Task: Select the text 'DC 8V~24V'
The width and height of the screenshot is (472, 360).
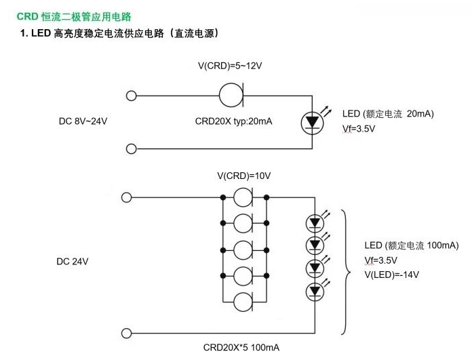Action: [x=83, y=121]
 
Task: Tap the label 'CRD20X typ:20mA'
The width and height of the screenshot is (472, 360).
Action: [x=233, y=121]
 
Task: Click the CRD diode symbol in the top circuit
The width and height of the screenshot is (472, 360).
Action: [x=232, y=95]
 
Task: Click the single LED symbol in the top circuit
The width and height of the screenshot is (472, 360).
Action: [x=312, y=121]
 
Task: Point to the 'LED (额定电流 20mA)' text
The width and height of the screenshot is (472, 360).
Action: [x=388, y=113]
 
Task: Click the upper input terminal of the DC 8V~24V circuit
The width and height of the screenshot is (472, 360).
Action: [x=132, y=96]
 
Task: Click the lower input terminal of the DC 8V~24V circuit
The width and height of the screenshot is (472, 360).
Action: [x=132, y=148]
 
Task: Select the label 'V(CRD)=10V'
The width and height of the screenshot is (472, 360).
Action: [x=243, y=176]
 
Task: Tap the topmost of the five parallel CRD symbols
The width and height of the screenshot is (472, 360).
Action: [x=244, y=198]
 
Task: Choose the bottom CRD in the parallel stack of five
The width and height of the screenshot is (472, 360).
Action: [x=244, y=302]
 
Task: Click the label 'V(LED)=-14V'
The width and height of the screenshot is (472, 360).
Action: [x=391, y=275]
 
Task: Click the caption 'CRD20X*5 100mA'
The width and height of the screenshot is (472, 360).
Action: [x=241, y=347]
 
